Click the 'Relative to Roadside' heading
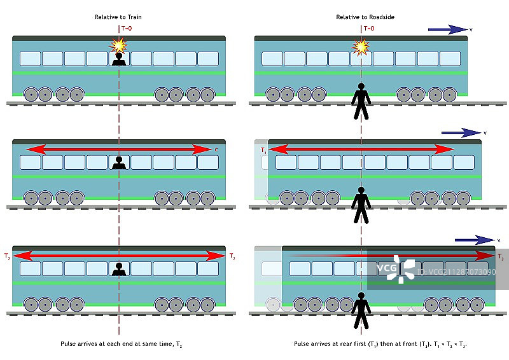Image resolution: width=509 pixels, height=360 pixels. click(x=361, y=17)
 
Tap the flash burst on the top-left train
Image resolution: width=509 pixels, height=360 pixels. click(x=118, y=45)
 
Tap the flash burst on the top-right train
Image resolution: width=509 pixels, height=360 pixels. click(x=361, y=46)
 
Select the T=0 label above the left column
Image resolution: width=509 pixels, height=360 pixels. click(x=127, y=29)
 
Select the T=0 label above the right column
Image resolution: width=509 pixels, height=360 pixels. click(x=369, y=29)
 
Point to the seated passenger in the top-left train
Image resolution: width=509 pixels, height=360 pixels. click(x=118, y=60)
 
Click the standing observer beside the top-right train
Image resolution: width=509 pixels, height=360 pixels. click(x=361, y=102)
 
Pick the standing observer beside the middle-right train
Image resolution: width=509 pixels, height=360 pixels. click(x=361, y=205)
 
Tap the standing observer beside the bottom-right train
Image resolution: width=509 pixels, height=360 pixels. click(x=361, y=310)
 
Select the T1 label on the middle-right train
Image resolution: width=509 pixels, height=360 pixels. click(x=262, y=150)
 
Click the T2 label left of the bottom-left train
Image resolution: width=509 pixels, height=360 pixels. click(x=7, y=256)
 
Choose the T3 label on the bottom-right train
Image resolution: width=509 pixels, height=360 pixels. click(x=501, y=257)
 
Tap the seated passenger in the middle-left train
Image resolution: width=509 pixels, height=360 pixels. click(x=118, y=163)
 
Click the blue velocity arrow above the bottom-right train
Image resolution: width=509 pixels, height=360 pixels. click(x=474, y=240)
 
